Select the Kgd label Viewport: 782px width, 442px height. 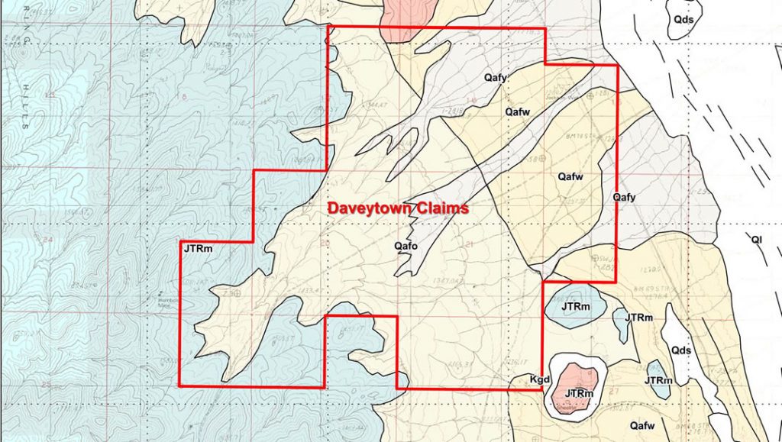tap(539, 379)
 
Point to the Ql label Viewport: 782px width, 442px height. tap(757, 240)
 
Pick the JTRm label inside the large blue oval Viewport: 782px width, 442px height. tap(575, 307)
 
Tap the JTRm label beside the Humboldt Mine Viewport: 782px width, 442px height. tap(197, 247)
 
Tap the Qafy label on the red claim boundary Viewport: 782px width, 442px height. tap(624, 197)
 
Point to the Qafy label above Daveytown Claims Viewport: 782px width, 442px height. tap(495, 78)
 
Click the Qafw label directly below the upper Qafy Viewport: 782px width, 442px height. tap(518, 111)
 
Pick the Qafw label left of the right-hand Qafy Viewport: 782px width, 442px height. tap(570, 176)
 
